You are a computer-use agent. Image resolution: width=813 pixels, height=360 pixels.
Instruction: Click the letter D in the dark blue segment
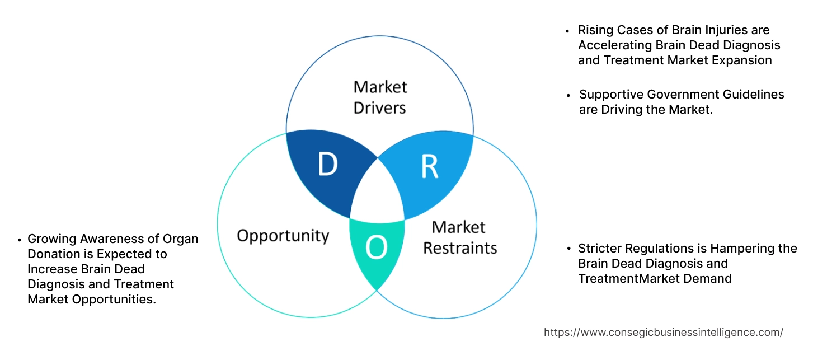[327, 165]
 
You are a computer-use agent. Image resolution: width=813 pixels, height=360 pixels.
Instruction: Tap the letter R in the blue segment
[429, 166]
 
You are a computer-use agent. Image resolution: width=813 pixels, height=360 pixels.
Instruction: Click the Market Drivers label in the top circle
[380, 97]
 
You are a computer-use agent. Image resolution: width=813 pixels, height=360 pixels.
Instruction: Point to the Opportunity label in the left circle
[283, 235]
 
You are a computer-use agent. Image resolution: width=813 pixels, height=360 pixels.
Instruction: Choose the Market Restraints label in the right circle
[459, 237]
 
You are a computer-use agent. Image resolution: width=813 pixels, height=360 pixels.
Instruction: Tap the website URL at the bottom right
[663, 333]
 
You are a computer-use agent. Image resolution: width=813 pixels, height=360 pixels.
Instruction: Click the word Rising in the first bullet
[595, 30]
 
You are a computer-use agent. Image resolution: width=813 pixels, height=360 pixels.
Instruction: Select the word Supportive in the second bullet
[609, 95]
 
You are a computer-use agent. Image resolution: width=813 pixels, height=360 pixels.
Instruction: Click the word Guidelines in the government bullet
[753, 95]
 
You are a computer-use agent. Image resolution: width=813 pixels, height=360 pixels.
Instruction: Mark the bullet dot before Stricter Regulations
[568, 249]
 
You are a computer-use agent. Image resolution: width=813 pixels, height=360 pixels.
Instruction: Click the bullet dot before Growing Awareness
[19, 240]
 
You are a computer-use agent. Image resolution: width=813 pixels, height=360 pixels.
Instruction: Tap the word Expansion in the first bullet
[742, 60]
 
